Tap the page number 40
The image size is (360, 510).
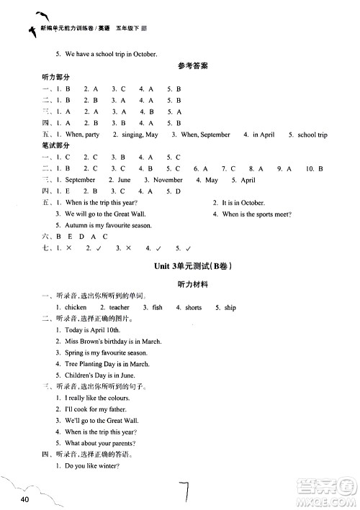point(25,499)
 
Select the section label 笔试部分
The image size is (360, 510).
point(57,145)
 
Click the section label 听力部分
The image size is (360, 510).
point(57,77)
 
